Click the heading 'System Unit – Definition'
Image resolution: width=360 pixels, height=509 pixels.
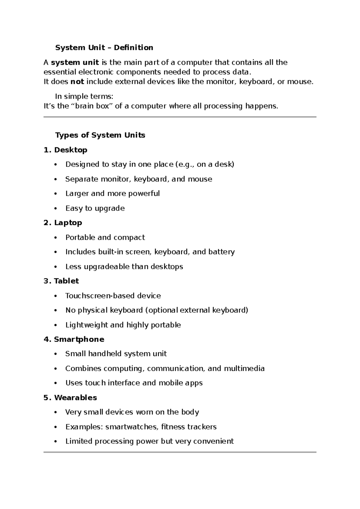point(104,47)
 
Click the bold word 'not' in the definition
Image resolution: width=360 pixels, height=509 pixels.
point(77,82)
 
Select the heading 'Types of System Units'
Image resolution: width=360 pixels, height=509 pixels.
point(100,135)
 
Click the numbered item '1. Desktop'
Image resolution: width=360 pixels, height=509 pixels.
point(65,150)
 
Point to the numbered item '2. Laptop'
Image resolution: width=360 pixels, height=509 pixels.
point(63,223)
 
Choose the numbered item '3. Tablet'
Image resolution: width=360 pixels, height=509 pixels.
point(61,281)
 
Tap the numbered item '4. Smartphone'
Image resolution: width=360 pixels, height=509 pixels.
point(74,339)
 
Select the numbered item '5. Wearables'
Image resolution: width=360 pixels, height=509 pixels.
point(70,398)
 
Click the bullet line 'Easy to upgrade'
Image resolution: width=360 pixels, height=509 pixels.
point(95,208)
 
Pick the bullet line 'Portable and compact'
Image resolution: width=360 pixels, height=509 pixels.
point(105,237)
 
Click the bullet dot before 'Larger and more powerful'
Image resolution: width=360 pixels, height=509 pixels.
point(55,194)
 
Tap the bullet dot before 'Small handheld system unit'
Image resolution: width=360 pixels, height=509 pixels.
point(55,354)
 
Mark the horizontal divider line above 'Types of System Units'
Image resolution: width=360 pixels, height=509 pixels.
point(180,117)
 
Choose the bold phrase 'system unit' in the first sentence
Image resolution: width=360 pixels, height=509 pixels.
point(75,62)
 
